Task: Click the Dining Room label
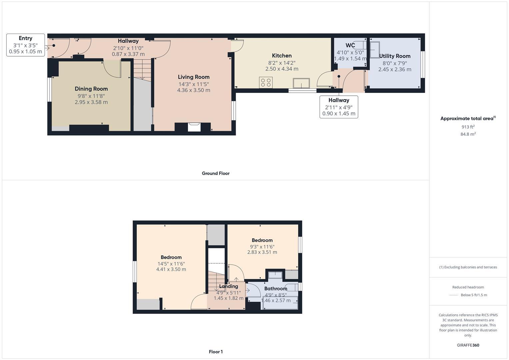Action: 91,89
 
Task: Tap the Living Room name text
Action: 193,77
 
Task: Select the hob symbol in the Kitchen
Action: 266,82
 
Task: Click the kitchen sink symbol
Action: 301,83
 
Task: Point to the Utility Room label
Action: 395,56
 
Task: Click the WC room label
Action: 350,45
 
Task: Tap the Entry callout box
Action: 26,45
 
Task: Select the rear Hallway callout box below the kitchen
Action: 339,107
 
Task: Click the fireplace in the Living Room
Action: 194,127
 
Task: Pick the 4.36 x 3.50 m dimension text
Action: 193,90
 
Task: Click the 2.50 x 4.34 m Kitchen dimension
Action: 282,69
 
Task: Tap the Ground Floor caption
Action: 215,173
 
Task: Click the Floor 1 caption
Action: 216,352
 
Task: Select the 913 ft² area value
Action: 468,127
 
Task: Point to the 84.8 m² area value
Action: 468,134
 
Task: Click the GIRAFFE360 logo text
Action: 468,345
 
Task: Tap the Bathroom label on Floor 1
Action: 276,289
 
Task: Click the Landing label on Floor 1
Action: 228,286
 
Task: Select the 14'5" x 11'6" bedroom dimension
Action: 171,263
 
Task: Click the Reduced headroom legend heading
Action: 468,287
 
